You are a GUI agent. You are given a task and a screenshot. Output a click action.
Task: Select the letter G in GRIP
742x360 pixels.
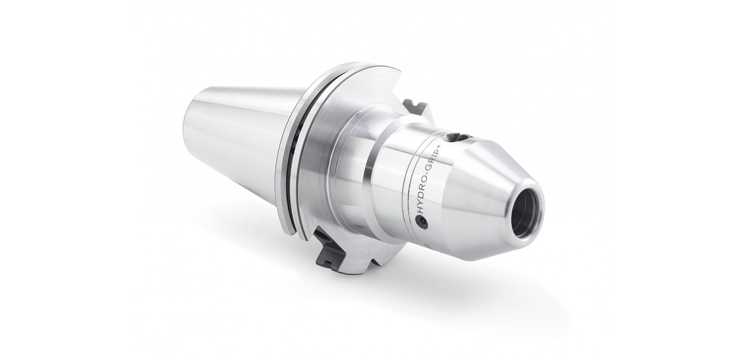(x=427, y=168)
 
